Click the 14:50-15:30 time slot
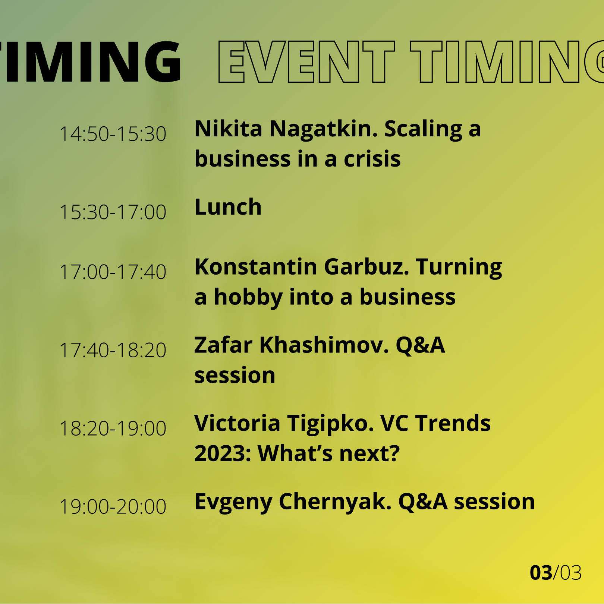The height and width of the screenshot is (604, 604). coord(113,134)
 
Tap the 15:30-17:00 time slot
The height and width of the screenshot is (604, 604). coord(113,212)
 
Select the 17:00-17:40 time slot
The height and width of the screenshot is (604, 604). coord(113,272)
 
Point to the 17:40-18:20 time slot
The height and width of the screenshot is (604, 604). coord(113,350)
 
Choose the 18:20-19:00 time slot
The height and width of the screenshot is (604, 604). coord(113,428)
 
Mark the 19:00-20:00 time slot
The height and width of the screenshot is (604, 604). coord(113,506)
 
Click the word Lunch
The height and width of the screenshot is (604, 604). coord(228,207)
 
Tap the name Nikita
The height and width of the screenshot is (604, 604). coord(229,129)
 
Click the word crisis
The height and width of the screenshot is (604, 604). coord(372,159)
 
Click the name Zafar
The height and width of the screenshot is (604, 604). coord(223,345)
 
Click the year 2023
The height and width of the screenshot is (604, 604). coord(223,453)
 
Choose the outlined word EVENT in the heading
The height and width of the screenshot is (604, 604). coord(306,61)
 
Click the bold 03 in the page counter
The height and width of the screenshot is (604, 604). coord(541,573)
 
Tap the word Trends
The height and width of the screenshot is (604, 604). coord(453,423)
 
